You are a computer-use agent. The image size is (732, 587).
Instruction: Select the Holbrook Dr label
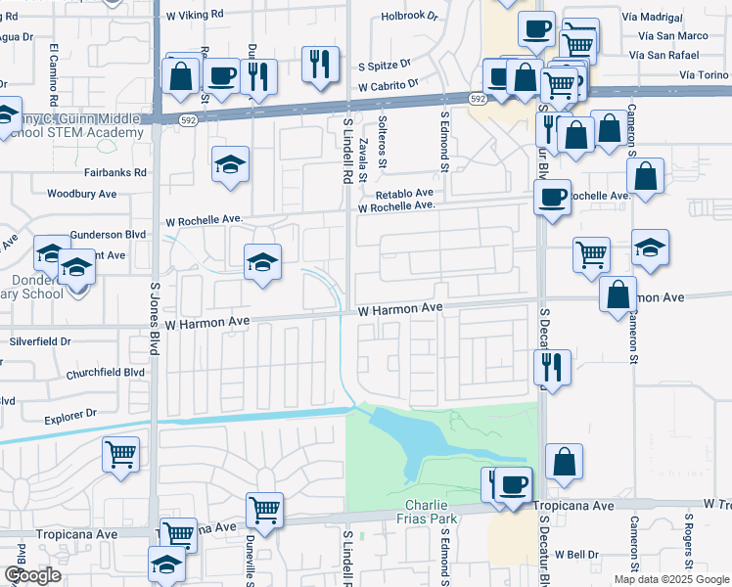coord(410,16)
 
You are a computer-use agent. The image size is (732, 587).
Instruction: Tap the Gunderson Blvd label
coord(108,236)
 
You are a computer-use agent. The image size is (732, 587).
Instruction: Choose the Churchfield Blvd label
coord(105,373)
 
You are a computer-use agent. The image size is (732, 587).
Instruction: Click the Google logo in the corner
coord(31,575)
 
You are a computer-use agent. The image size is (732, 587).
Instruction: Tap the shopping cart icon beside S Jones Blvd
coord(120,453)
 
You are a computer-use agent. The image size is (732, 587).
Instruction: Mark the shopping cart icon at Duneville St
coord(264,509)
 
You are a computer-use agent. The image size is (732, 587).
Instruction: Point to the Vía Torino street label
coord(703,74)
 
